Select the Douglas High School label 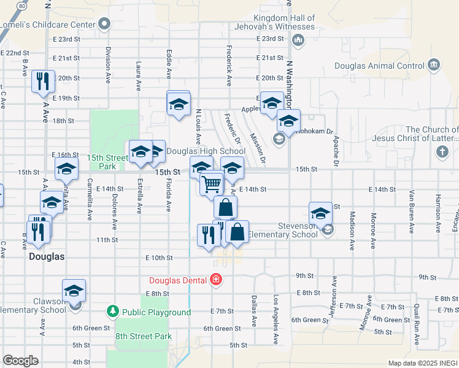click(x=206, y=151)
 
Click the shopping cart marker click(x=212, y=183)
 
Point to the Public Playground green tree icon click(x=112, y=312)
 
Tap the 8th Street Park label click(x=144, y=336)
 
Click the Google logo click(x=20, y=361)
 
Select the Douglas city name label click(x=47, y=257)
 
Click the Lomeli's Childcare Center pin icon click(x=104, y=25)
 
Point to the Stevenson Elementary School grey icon click(x=327, y=229)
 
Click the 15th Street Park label click(x=101, y=162)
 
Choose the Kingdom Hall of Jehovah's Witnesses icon click(x=298, y=41)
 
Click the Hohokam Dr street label click(x=315, y=131)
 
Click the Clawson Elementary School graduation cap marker click(x=74, y=290)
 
